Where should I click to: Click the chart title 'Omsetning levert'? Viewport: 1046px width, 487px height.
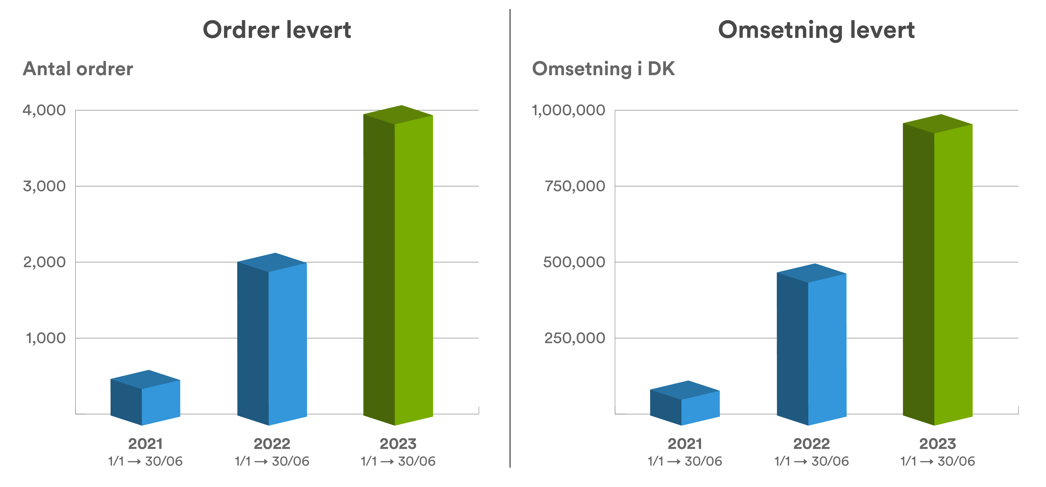tap(816, 30)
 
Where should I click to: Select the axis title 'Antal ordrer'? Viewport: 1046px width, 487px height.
tap(78, 69)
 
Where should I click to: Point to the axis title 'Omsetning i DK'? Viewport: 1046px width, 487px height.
tap(603, 69)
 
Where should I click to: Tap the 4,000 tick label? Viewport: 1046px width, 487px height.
tap(44, 110)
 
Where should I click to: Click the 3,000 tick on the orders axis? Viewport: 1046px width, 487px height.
tap(44, 186)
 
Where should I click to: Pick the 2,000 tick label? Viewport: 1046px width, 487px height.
tap(44, 262)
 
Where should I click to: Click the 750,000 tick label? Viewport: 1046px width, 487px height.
tap(575, 186)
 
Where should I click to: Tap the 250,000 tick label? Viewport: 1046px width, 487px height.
tap(575, 338)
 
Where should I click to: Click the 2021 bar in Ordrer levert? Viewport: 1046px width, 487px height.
tap(145, 400)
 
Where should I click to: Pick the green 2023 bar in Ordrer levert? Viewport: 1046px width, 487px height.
tap(398, 268)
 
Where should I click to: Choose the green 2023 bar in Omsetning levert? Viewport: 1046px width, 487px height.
tap(937, 272)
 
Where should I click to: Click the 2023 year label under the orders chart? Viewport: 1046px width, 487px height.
tap(398, 444)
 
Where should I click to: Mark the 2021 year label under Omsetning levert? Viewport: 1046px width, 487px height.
tap(685, 444)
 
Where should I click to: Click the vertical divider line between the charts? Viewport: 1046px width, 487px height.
tap(510, 244)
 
